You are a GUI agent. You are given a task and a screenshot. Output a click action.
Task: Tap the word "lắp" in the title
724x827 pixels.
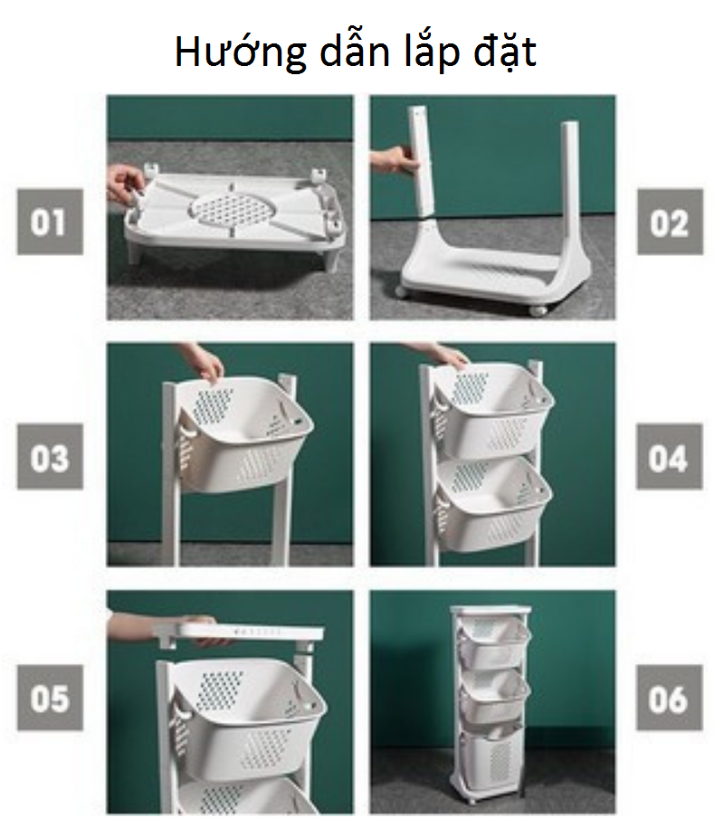[x=431, y=52]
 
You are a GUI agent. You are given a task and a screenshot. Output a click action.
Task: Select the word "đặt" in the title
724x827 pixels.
[x=505, y=52]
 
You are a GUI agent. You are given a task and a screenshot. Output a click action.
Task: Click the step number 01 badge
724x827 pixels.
[x=50, y=222]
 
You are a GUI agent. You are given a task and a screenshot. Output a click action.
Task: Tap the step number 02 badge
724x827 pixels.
[x=670, y=222]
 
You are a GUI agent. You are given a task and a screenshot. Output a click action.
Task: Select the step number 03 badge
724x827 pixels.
[x=50, y=457]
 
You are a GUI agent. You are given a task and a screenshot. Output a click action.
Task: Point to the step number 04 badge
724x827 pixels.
[x=669, y=457]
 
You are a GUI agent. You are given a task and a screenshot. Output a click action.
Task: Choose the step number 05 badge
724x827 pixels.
[x=50, y=698]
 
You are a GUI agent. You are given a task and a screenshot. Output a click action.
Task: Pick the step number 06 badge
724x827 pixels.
[x=669, y=698]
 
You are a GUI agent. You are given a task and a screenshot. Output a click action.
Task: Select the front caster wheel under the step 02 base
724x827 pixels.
[x=538, y=309]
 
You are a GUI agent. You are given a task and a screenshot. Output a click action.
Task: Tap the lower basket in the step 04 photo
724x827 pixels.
[x=493, y=504]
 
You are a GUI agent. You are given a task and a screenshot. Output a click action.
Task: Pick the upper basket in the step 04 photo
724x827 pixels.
[x=493, y=412]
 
